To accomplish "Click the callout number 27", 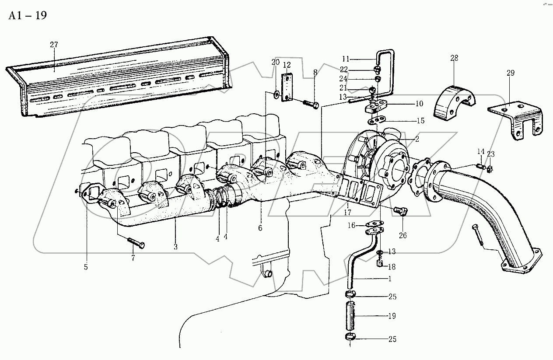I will tap(54, 45).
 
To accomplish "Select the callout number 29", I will tap(511, 73).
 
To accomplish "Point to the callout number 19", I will tap(392, 316).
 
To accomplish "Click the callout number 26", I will tap(402, 235).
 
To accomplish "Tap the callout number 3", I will tap(175, 247).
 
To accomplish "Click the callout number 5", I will tap(86, 266).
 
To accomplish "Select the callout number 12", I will tap(287, 65).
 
